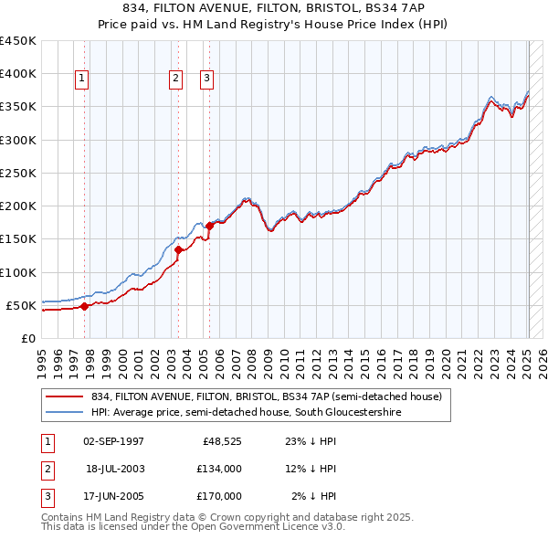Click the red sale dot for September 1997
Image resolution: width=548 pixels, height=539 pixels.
coord(85,306)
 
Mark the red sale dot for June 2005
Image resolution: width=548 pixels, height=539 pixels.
coord(210,225)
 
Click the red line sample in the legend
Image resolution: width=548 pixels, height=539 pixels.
coord(65,396)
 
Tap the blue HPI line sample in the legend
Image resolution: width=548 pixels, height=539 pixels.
coord(65,412)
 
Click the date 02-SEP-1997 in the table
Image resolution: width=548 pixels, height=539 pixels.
coord(113,442)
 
